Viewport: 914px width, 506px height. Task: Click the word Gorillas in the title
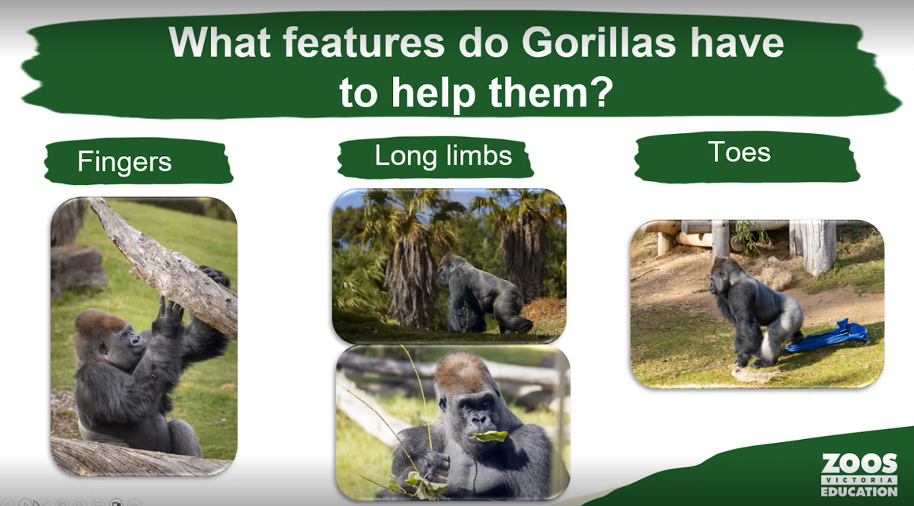click(x=598, y=43)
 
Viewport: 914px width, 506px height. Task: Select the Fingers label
click(x=124, y=162)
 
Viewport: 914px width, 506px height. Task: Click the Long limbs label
click(x=443, y=155)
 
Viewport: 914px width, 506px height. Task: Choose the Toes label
click(x=740, y=151)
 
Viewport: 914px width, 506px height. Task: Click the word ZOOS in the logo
click(x=859, y=463)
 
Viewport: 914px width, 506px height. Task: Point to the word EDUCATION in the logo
click(x=859, y=492)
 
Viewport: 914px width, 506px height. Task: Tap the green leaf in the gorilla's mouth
click(x=490, y=436)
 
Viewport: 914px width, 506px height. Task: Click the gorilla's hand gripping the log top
click(x=214, y=275)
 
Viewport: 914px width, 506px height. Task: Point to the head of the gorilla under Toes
click(x=724, y=275)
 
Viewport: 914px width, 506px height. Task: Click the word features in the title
click(x=363, y=43)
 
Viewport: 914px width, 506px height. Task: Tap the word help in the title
click(x=433, y=92)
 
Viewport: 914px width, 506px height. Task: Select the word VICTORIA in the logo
click(x=859, y=480)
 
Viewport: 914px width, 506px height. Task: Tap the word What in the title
click(x=220, y=43)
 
